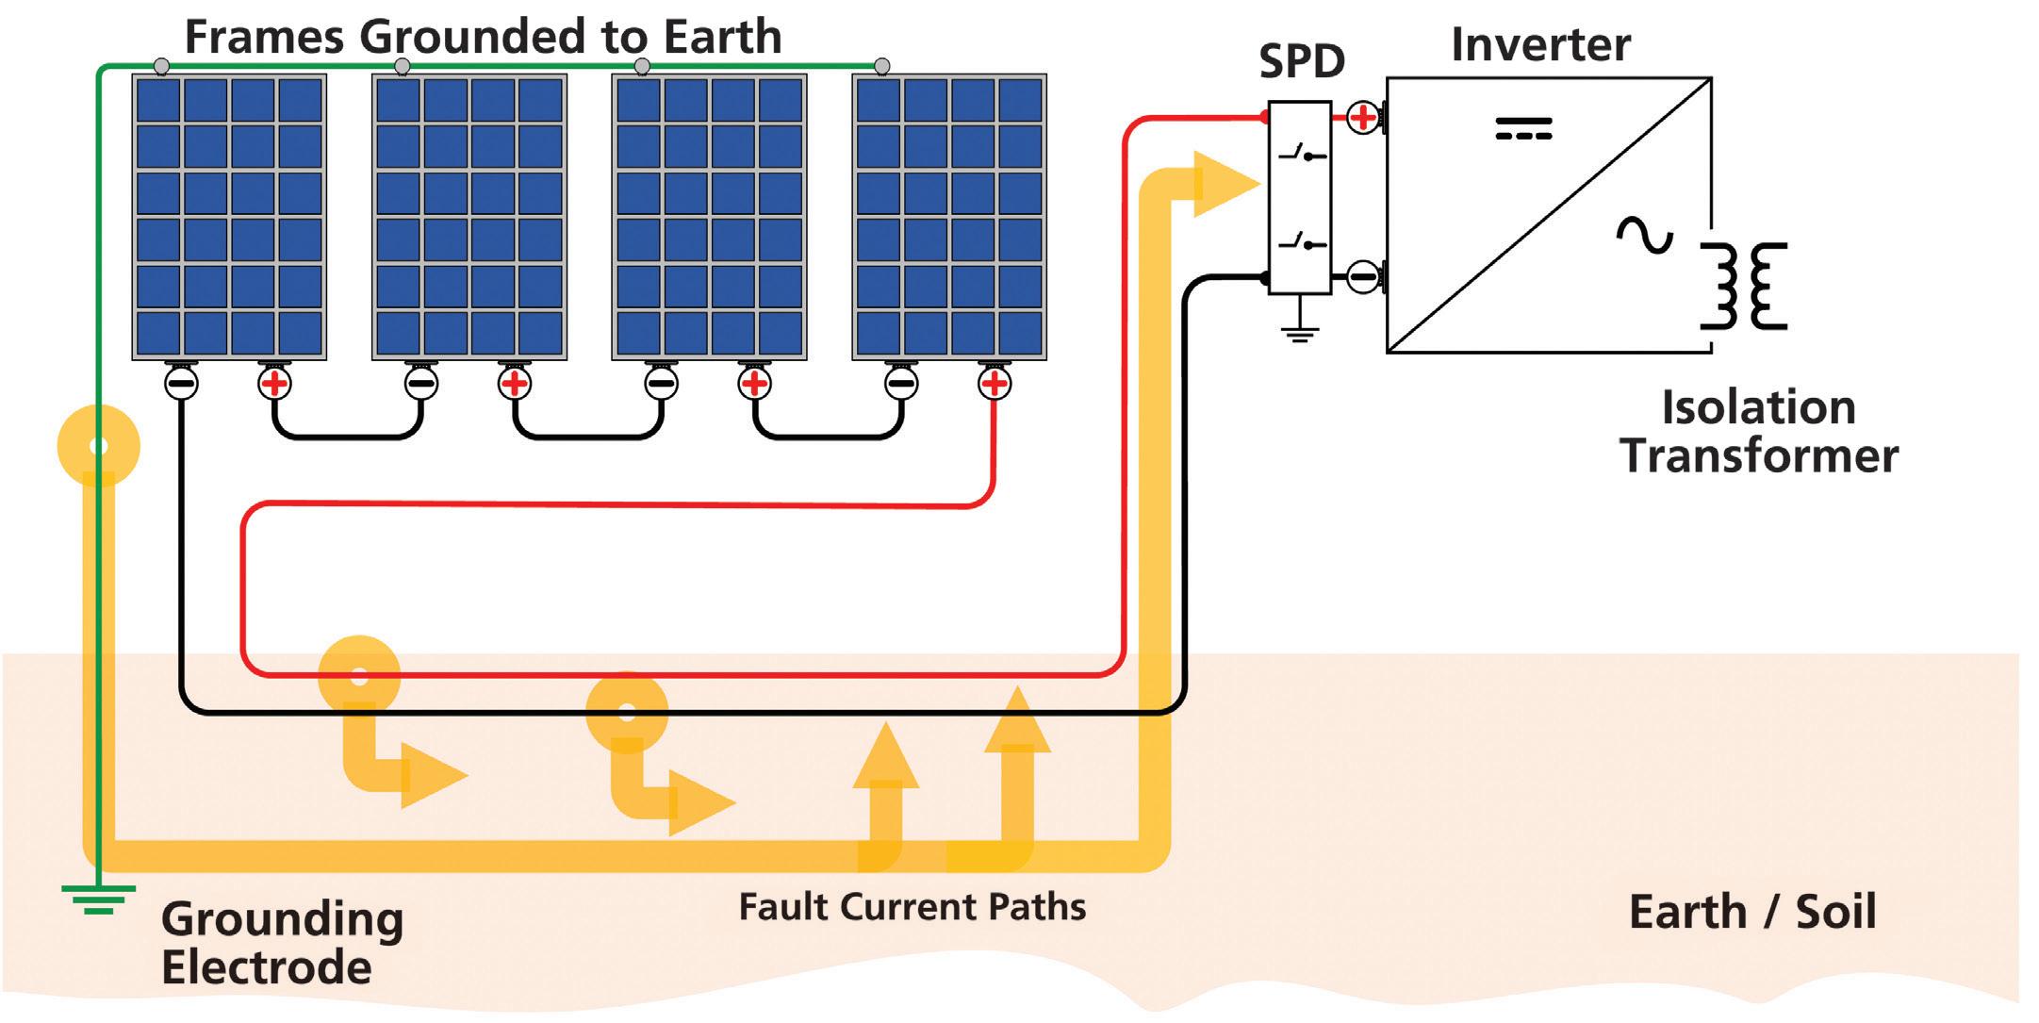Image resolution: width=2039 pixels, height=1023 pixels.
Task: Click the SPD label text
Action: pyautogui.click(x=1301, y=62)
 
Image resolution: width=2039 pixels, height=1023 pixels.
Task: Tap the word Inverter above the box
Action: pyautogui.click(x=1540, y=44)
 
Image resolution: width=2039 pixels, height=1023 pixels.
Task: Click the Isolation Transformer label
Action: pyautogui.click(x=1759, y=432)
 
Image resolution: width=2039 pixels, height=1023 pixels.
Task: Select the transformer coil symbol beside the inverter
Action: pyautogui.click(x=1744, y=286)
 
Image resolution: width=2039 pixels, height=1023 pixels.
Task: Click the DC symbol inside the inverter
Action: pyautogui.click(x=1523, y=128)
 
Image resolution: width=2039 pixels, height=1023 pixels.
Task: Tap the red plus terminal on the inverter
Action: pyautogui.click(x=1362, y=118)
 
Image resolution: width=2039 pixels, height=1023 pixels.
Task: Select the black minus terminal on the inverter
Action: pyautogui.click(x=1362, y=277)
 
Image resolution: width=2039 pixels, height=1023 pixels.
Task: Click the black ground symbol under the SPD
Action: pyautogui.click(x=1299, y=329)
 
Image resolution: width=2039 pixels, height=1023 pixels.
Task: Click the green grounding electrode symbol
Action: pyautogui.click(x=98, y=899)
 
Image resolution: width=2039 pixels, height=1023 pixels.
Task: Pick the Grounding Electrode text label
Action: pyautogui.click(x=282, y=942)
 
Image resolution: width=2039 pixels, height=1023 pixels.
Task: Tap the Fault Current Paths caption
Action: pyautogui.click(x=912, y=907)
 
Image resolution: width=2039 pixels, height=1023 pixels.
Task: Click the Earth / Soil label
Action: pyautogui.click(x=1751, y=912)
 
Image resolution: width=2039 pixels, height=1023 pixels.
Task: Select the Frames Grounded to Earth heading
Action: pyautogui.click(x=483, y=37)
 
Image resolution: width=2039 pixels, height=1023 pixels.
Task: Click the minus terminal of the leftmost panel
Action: pyautogui.click(x=181, y=384)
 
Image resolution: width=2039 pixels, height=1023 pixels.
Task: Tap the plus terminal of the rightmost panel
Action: pyautogui.click(x=995, y=384)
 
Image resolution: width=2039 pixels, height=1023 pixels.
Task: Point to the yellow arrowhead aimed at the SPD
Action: pyautogui.click(x=1224, y=184)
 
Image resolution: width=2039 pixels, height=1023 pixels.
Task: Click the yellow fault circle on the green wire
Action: pyautogui.click(x=98, y=446)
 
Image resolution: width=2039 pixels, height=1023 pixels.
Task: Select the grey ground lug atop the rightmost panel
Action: pyautogui.click(x=881, y=66)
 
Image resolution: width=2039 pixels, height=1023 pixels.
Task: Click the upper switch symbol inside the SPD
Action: pyautogui.click(x=1302, y=153)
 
